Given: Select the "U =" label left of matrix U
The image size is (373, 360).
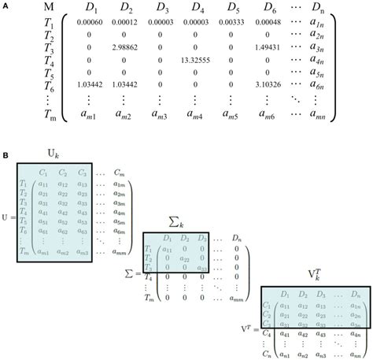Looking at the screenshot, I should tap(9, 212).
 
